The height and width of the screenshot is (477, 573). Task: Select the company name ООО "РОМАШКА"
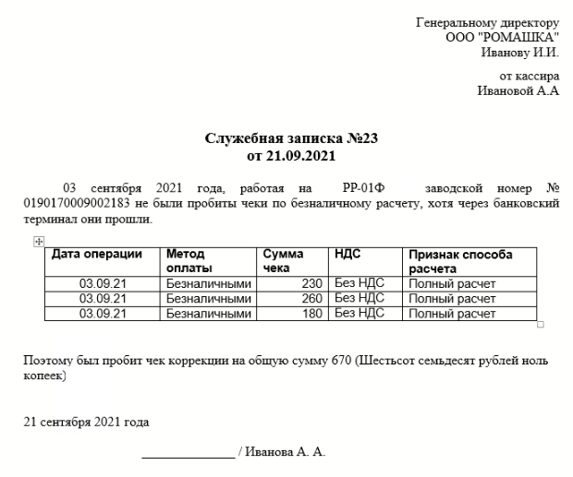pyautogui.click(x=503, y=37)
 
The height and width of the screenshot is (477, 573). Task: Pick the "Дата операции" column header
pyautogui.click(x=97, y=254)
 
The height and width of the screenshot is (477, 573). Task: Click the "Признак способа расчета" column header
pyautogui.click(x=460, y=260)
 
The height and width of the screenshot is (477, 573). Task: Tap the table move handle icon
pyautogui.click(x=39, y=241)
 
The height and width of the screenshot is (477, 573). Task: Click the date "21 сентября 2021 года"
pyautogui.click(x=86, y=423)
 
